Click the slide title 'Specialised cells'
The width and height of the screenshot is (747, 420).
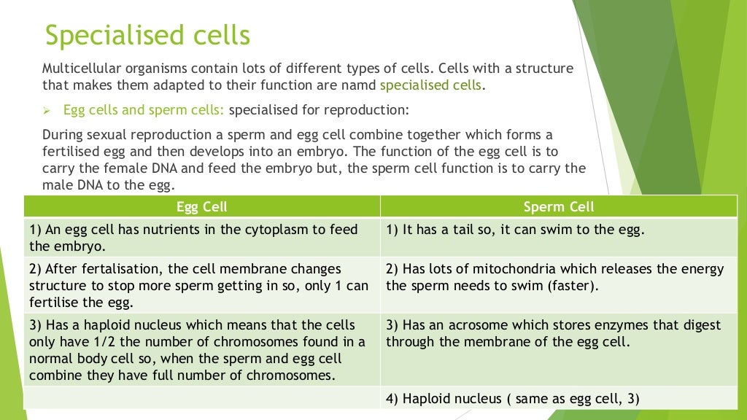click(x=147, y=35)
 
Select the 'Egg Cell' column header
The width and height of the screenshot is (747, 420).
click(x=202, y=207)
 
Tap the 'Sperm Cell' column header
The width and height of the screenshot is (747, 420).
click(x=559, y=207)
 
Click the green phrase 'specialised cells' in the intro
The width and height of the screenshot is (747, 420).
click(x=430, y=85)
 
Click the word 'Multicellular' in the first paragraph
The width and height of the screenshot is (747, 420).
click(x=80, y=69)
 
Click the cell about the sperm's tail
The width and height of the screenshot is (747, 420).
click(x=515, y=229)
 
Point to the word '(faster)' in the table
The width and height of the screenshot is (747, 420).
click(x=573, y=285)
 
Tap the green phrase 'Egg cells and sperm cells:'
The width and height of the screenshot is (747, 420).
click(x=146, y=111)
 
